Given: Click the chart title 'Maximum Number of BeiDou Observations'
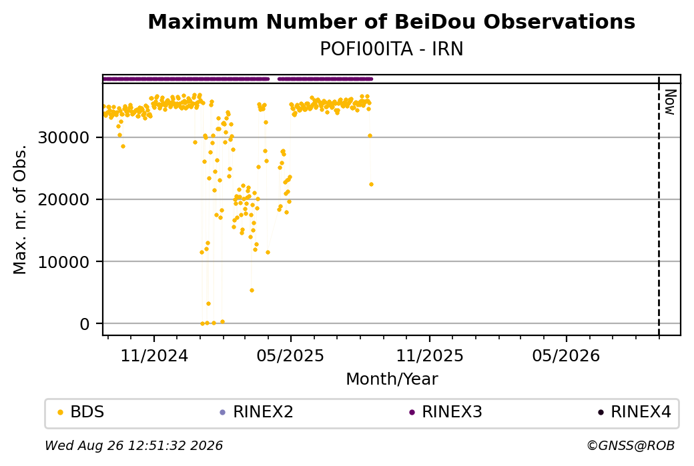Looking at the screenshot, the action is click(x=391, y=22).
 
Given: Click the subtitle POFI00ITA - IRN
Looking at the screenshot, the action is click(x=391, y=49).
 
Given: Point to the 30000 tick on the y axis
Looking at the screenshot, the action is click(x=64, y=138).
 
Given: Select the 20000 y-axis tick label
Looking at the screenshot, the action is click(x=64, y=200).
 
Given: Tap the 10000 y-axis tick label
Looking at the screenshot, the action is click(x=64, y=262).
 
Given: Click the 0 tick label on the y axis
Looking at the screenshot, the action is click(x=85, y=324).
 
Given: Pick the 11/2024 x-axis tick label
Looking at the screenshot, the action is click(x=154, y=355).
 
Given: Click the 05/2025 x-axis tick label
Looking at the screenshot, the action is click(x=290, y=355).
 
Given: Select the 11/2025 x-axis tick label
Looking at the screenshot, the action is click(x=429, y=355).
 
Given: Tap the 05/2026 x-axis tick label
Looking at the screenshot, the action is click(x=566, y=355).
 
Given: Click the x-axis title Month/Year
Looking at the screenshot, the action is click(x=392, y=379).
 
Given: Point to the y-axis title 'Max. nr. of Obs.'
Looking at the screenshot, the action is click(x=20, y=209).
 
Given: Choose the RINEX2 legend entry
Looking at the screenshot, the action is click(x=257, y=412).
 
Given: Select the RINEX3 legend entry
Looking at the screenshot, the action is click(x=446, y=412).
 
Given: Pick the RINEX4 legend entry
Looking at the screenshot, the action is click(x=635, y=412).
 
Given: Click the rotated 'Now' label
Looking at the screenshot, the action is click(x=671, y=102).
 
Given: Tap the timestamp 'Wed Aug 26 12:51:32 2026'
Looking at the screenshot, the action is click(x=133, y=445).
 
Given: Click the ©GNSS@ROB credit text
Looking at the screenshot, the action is click(x=631, y=445).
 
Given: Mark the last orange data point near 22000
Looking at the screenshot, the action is click(x=371, y=185).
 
